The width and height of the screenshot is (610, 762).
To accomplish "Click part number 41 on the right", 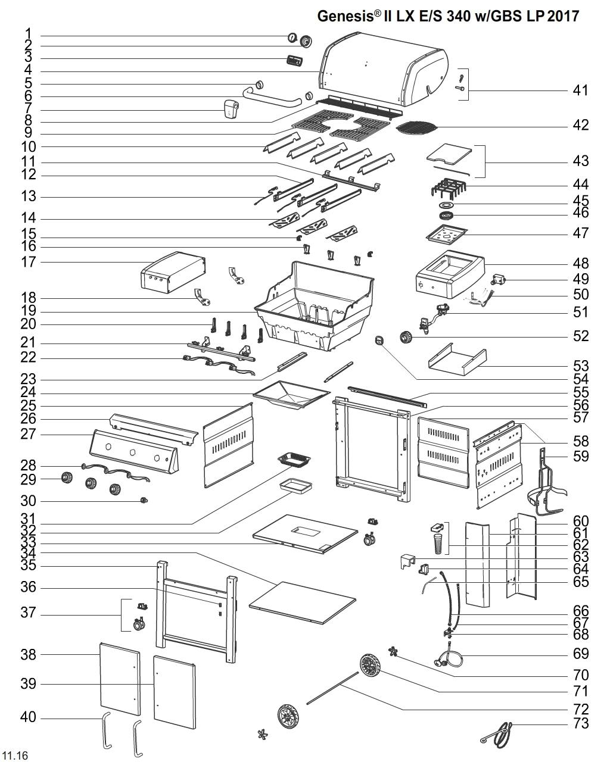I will point(580,90).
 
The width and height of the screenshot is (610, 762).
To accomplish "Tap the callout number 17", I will point(29,262).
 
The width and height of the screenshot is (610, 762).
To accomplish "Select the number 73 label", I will point(580,723).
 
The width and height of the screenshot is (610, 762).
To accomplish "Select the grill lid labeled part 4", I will point(384,71).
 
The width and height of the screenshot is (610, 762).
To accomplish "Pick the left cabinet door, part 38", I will point(120,679).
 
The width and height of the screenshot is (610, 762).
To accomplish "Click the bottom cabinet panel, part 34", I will point(302,602).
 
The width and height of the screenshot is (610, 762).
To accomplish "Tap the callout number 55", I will point(580,392).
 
